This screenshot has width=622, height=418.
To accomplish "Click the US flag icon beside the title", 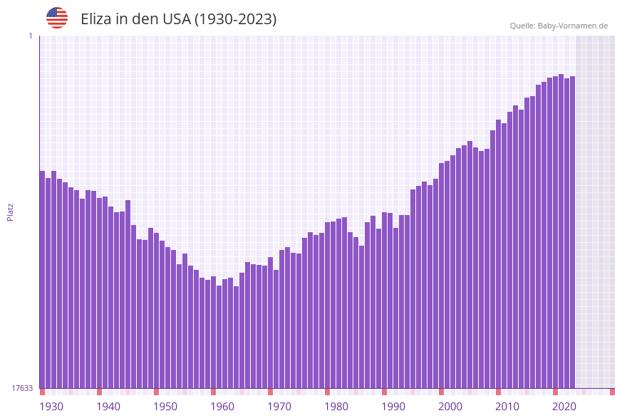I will click(x=57, y=18).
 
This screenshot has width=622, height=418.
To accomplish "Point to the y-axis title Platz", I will click(x=11, y=211).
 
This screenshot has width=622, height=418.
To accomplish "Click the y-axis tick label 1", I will click(x=31, y=36).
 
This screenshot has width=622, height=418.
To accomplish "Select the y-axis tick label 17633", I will click(x=22, y=388).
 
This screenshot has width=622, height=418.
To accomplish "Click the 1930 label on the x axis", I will click(x=51, y=407).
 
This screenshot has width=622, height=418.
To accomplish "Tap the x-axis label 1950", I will click(x=165, y=407).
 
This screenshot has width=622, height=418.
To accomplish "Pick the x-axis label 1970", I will click(x=279, y=407).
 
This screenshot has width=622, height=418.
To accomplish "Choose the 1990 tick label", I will click(x=393, y=407).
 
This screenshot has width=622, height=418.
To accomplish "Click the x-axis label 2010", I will click(x=507, y=407).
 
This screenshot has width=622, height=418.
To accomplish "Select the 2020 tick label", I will click(x=564, y=407).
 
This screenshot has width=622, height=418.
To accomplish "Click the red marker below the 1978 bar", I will click(x=327, y=392).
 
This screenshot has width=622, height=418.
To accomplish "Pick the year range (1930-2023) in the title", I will click(x=235, y=19).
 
